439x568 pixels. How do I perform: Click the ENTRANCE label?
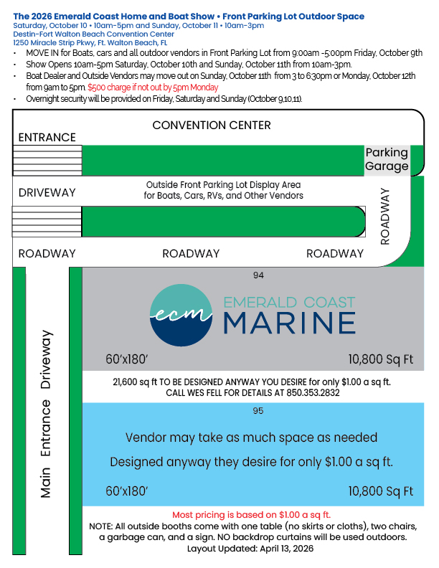point(47,138)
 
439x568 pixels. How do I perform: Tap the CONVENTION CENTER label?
point(212,126)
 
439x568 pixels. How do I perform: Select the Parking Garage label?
point(387,159)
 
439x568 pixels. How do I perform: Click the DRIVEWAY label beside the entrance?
point(47,193)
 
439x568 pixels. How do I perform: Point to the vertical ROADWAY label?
point(385,217)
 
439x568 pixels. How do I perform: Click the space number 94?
point(259,275)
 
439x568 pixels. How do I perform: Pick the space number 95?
point(259,411)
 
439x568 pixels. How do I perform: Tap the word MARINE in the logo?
point(289,321)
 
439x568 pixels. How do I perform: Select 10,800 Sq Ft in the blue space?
point(381,491)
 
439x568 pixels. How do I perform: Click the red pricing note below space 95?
point(251,515)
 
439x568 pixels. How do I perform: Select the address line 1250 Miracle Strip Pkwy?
point(90,42)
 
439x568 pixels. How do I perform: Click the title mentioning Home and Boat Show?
point(189,16)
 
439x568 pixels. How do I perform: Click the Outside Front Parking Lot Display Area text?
point(224,184)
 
